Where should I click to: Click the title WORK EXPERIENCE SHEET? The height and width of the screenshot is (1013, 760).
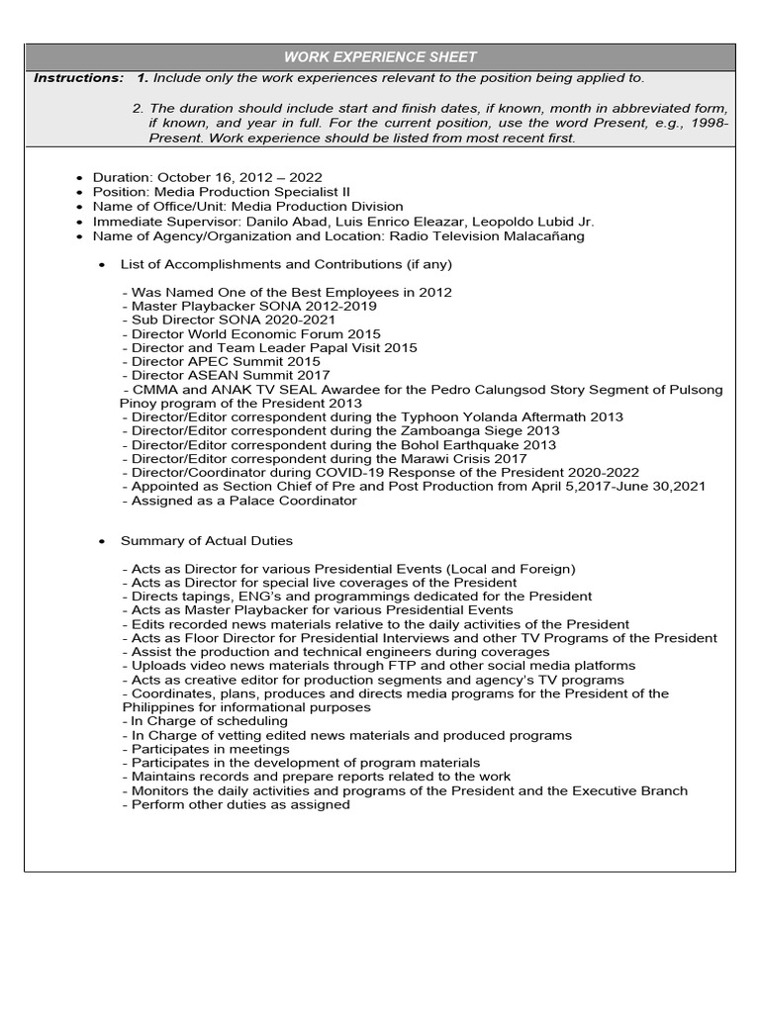click(x=380, y=57)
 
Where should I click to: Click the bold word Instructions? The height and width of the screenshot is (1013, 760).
click(x=78, y=78)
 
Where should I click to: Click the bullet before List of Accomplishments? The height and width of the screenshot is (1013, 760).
click(x=104, y=265)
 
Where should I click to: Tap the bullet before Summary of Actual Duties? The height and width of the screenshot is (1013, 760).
click(x=104, y=541)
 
